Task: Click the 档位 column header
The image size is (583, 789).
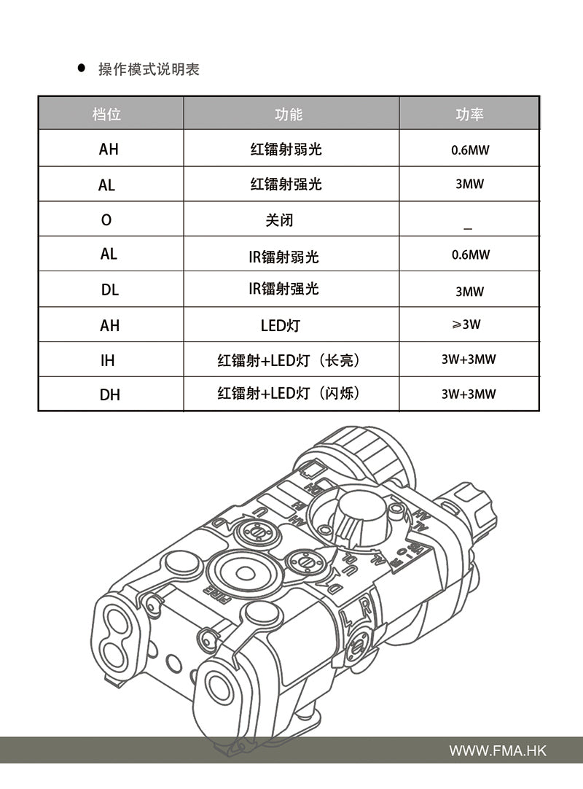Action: pyautogui.click(x=106, y=114)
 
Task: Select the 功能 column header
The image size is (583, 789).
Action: pyautogui.click(x=289, y=114)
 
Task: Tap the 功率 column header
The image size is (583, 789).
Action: pyautogui.click(x=469, y=114)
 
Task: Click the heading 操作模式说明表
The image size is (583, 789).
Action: pyautogui.click(x=149, y=69)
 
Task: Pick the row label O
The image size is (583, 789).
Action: pyautogui.click(x=106, y=219)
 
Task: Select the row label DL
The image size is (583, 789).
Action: pyautogui.click(x=109, y=289)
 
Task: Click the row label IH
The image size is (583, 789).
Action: pyautogui.click(x=108, y=360)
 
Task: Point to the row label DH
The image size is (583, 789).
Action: pyautogui.click(x=109, y=394)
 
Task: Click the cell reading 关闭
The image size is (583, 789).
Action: pyautogui.click(x=279, y=219)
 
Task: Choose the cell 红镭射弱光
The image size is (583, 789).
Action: pyautogui.click(x=286, y=149)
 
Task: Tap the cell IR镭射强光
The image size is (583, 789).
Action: pyautogui.click(x=283, y=289)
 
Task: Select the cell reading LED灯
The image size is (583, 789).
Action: pyautogui.click(x=281, y=325)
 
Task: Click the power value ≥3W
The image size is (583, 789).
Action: pyautogui.click(x=467, y=324)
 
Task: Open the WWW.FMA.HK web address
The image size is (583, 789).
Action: pyautogui.click(x=497, y=750)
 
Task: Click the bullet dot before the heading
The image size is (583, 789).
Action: pyautogui.click(x=82, y=69)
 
